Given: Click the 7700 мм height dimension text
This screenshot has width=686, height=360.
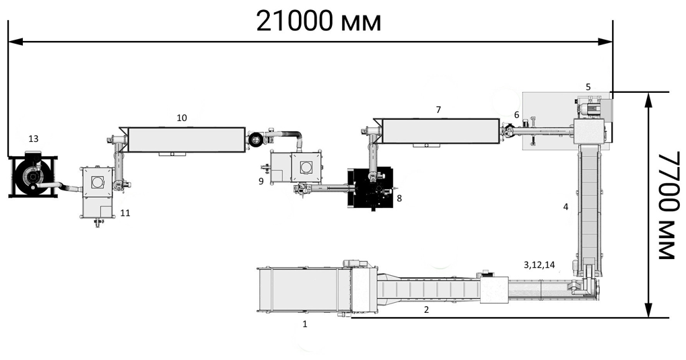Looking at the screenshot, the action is point(669,206).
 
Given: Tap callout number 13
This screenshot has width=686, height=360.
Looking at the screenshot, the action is point(33,139).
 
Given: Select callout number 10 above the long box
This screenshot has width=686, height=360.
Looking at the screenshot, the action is point(182,118).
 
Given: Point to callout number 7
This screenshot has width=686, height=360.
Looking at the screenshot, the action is point(439,110).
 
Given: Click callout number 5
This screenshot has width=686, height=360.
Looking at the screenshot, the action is point(588,87).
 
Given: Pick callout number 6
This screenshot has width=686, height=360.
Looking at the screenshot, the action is point(516,114).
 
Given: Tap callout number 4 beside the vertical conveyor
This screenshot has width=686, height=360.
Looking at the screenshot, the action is point(565,207).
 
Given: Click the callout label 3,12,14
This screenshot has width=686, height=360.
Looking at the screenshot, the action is point(539,264).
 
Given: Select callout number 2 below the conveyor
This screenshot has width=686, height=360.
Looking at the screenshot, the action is point(427,310).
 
